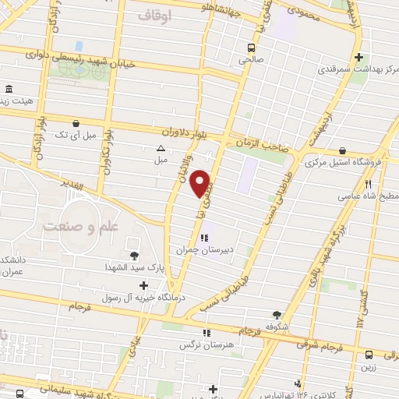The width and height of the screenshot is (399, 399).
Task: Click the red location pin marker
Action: (x=201, y=182)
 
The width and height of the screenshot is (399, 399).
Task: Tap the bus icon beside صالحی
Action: (x=251, y=46)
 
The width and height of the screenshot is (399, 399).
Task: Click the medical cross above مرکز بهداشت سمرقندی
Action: (x=358, y=57)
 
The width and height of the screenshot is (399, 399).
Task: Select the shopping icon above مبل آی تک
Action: (x=76, y=123)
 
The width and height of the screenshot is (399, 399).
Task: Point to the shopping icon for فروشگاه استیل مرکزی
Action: (x=342, y=151)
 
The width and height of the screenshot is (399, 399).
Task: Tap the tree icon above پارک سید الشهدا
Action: (x=135, y=255)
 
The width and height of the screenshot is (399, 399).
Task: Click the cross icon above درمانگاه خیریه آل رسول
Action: (x=143, y=286)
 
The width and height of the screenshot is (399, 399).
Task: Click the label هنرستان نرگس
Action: (x=196, y=344)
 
